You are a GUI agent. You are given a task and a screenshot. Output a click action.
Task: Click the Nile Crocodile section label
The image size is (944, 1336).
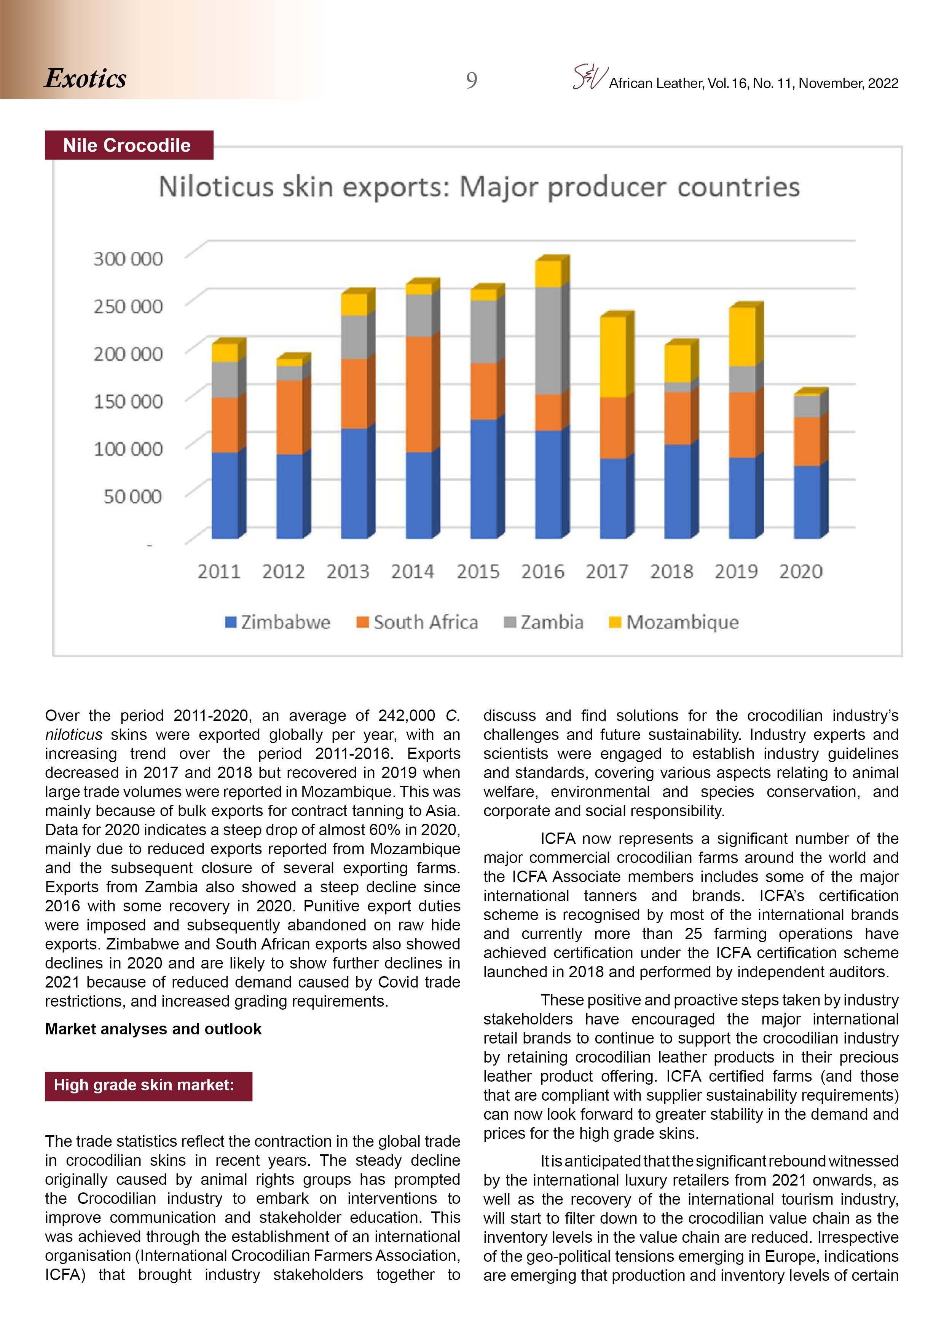pos(127,145)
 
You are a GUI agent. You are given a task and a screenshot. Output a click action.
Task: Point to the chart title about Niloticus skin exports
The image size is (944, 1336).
pos(479,187)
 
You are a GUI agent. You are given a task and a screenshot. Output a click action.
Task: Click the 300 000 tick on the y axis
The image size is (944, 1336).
pos(128,259)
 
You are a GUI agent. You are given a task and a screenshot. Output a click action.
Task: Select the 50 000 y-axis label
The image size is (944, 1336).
pos(132,496)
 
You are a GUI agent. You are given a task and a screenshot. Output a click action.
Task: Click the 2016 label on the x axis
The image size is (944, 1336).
pos(542,571)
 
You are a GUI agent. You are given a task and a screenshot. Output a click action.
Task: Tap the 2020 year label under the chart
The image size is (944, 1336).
pos(800,571)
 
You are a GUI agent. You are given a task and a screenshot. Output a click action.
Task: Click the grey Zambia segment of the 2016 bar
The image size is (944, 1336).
pos(548,340)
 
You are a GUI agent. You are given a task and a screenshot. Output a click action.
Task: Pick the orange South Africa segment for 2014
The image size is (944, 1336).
pos(419,394)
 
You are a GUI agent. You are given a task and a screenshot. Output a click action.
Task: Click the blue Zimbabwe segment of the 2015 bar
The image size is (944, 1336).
pos(483,478)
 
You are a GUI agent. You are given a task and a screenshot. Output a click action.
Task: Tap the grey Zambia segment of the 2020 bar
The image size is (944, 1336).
pos(807,406)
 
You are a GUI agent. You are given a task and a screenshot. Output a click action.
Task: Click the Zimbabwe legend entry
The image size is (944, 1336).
pos(278,622)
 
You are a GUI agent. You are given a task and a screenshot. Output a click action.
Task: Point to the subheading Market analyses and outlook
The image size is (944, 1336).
pos(153,1029)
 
